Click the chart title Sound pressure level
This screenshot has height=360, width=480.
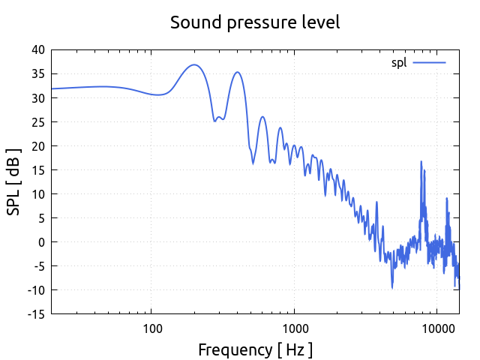[255, 22]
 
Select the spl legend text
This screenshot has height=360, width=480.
[399, 62]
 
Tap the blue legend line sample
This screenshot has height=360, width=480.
[429, 62]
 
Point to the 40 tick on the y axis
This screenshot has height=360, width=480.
[37, 50]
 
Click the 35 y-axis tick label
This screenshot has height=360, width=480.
[37, 74]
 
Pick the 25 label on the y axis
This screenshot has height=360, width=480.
[37, 122]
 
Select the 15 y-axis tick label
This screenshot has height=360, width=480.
[37, 170]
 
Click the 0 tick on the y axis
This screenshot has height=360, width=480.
[41, 242]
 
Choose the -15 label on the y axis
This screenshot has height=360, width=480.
[36, 314]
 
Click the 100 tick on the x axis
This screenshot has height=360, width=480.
[152, 328]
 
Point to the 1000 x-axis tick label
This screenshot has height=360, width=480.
[295, 328]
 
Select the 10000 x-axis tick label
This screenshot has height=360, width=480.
[437, 328]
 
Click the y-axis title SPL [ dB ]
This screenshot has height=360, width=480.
[14, 181]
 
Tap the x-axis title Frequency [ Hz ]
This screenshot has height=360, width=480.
[255, 349]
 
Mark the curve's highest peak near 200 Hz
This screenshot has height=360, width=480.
[194, 64]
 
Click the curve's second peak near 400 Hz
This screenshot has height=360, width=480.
[237, 72]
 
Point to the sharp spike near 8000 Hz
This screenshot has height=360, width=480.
[421, 161]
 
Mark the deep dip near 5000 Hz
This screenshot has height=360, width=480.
[391, 287]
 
